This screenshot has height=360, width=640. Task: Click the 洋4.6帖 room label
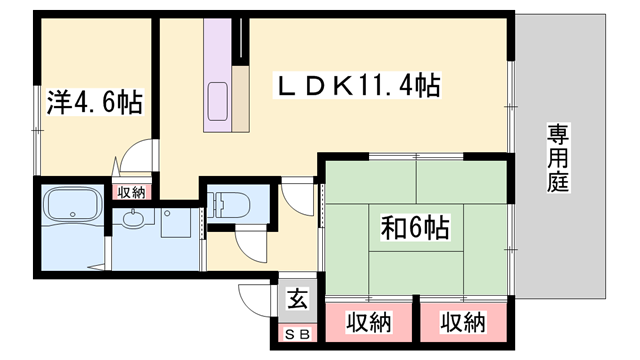(x=95, y=102)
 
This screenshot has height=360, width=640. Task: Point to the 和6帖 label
(x=413, y=227)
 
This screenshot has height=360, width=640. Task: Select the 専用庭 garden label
(x=558, y=160)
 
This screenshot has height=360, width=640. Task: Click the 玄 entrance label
(x=297, y=297)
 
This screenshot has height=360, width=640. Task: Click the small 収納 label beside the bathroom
(x=131, y=192)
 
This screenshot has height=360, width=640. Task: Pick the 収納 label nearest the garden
(x=462, y=323)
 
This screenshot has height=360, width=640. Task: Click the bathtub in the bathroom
(x=72, y=208)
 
